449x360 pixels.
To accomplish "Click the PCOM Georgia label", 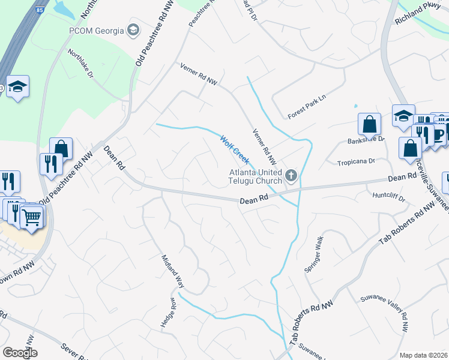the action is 96,31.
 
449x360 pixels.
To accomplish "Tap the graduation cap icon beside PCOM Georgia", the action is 133,30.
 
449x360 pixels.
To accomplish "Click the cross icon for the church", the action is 291,176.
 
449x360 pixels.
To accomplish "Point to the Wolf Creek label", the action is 234,149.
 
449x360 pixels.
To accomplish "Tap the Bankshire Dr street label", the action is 365,141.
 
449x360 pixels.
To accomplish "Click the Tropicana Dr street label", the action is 355,161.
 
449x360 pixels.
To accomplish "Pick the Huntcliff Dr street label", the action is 389,196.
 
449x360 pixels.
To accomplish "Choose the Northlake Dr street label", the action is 80,64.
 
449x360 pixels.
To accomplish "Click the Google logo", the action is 20,353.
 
